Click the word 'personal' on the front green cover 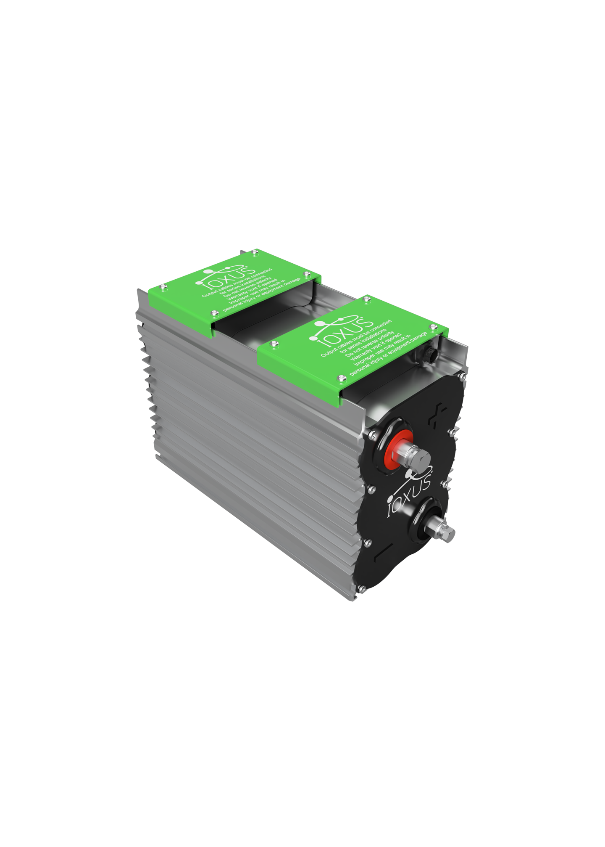(359, 370)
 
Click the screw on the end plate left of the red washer (372, 436)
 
